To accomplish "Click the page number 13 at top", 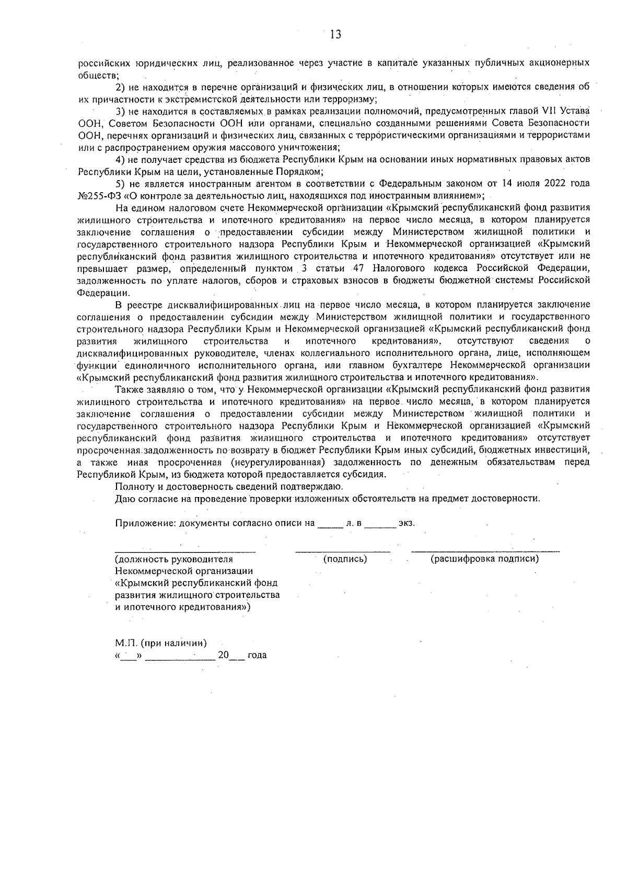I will pos(335,35).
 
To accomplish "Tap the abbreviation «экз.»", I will pos(406,523).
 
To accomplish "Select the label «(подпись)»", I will pos(345,559).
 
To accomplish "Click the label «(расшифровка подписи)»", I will pos(484,559).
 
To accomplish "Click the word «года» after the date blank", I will pos(257,655).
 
